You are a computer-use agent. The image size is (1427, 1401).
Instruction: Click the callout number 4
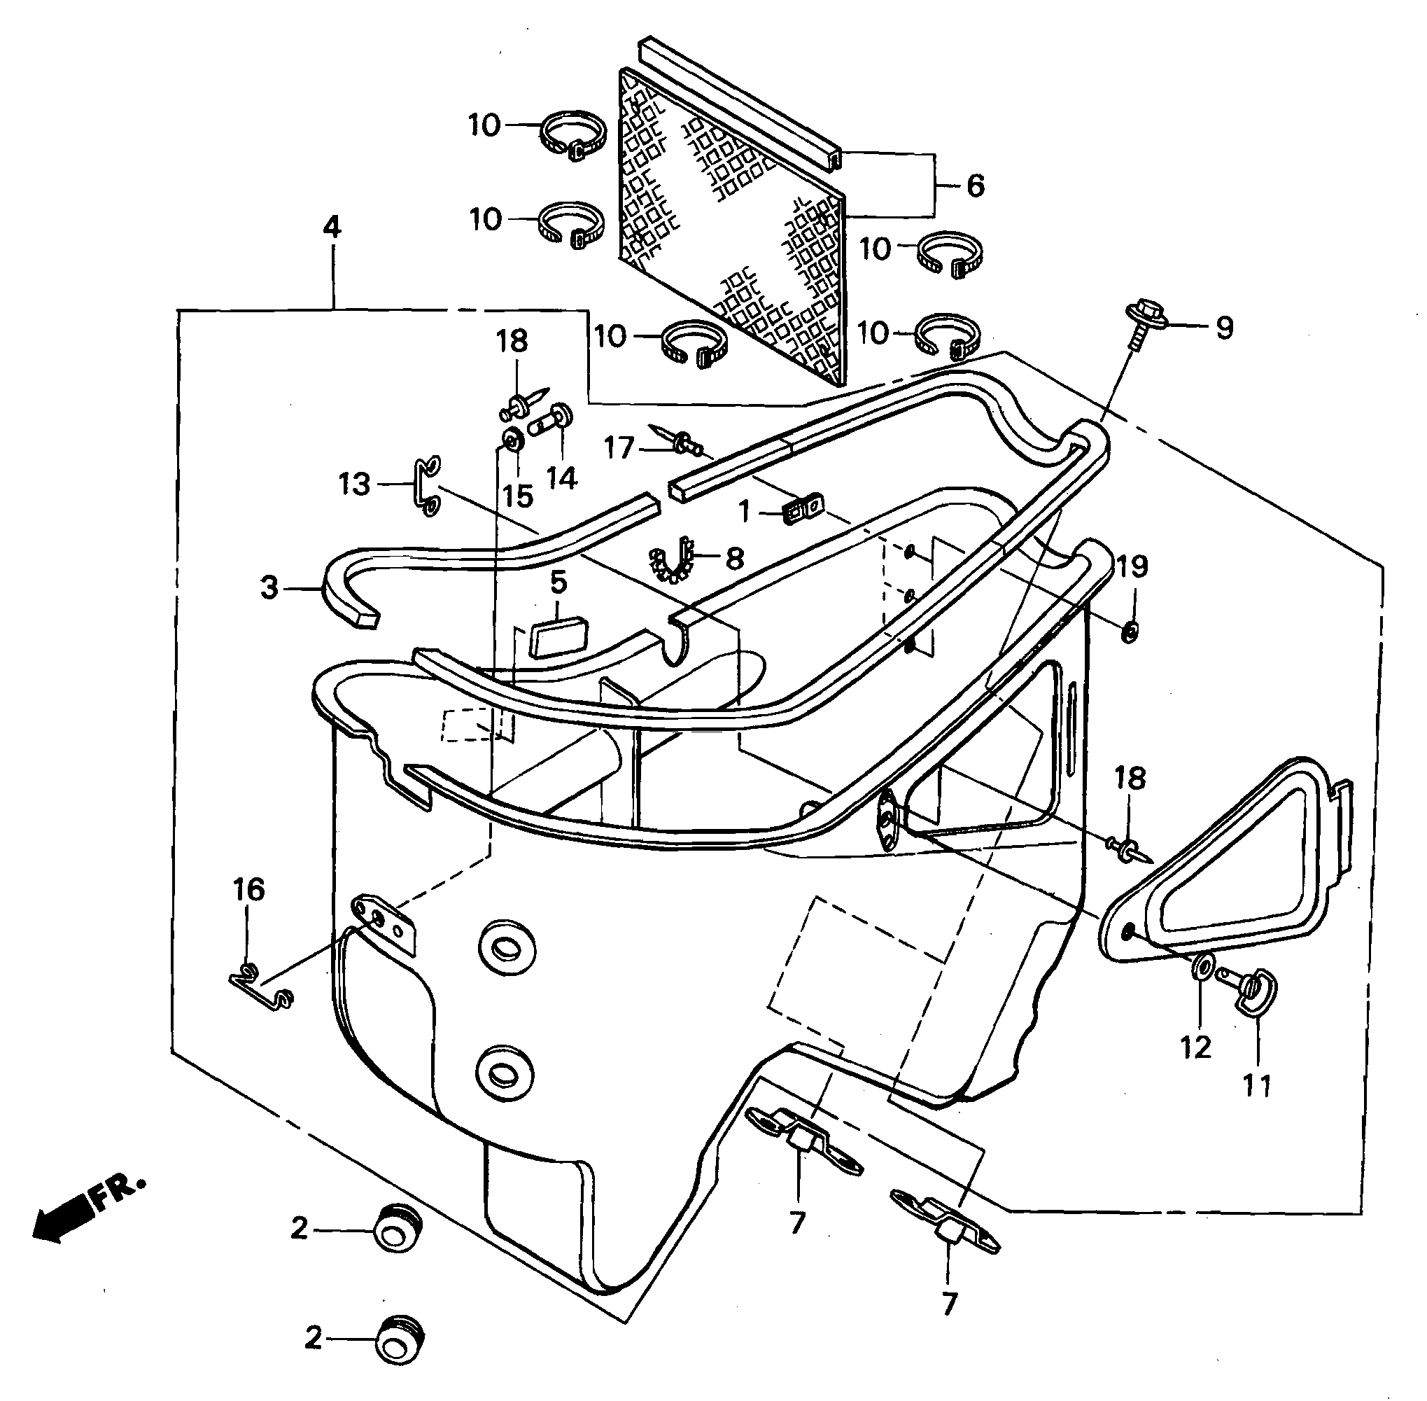click(x=332, y=228)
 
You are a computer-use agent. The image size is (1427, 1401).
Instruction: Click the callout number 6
click(x=975, y=186)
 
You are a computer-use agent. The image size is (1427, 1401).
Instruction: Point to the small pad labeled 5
click(x=558, y=634)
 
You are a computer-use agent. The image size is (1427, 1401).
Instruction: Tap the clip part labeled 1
click(x=802, y=509)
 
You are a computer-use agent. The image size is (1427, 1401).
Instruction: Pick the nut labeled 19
click(x=1130, y=631)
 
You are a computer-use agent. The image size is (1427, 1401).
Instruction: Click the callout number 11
click(x=1256, y=1085)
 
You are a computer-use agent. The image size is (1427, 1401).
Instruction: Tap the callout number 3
click(x=269, y=588)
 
